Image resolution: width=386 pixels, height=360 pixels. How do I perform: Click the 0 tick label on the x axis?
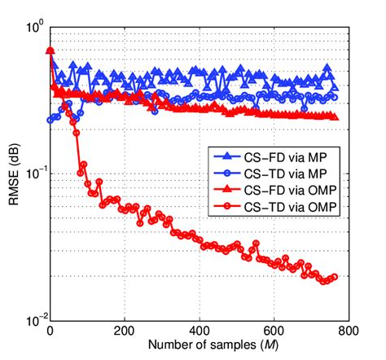coord(50,331)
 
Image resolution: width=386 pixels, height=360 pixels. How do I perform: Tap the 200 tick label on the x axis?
coord(125,331)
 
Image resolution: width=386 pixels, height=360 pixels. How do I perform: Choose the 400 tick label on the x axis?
coord(200,331)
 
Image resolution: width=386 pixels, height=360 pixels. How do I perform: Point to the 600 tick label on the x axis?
coord(274,331)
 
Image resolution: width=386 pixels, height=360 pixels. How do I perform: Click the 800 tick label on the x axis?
coord(348,331)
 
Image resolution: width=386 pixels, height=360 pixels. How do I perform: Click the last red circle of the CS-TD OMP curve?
coord(333,277)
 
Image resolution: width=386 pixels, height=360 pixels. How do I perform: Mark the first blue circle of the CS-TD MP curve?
coord(51,120)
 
